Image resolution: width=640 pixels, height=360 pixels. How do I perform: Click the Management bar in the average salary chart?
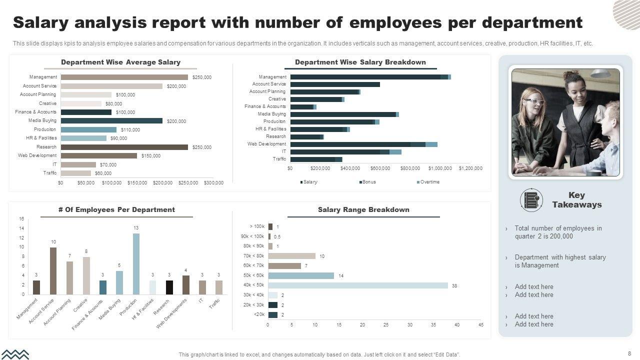(124, 77)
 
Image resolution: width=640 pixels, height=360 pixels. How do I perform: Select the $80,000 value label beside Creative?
(113, 104)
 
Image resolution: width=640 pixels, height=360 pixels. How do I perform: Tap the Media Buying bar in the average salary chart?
(111, 120)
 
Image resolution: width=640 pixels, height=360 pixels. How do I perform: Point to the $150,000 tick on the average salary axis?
(137, 183)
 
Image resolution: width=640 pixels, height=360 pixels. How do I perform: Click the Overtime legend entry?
(429, 182)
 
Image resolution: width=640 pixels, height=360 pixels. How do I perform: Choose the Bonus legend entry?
(368, 182)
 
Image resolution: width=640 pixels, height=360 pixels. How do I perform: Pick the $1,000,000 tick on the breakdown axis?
(440, 168)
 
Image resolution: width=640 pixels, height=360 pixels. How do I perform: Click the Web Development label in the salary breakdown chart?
(266, 144)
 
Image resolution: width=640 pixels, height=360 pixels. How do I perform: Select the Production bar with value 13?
(136, 263)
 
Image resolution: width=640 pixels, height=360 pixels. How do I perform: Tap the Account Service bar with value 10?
(53, 270)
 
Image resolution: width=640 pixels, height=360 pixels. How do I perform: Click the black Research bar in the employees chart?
(169, 287)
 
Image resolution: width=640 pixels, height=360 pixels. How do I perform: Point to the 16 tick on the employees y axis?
(21, 219)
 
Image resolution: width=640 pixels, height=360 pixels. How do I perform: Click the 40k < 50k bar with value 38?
(358, 285)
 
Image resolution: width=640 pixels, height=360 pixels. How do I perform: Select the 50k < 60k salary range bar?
(301, 275)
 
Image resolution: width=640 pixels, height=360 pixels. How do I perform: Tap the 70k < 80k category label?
(253, 256)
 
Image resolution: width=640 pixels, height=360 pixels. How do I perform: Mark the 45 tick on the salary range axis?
(481, 325)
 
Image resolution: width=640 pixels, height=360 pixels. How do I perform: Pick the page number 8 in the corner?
(629, 353)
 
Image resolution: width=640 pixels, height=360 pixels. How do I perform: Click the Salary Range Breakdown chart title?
(363, 210)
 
